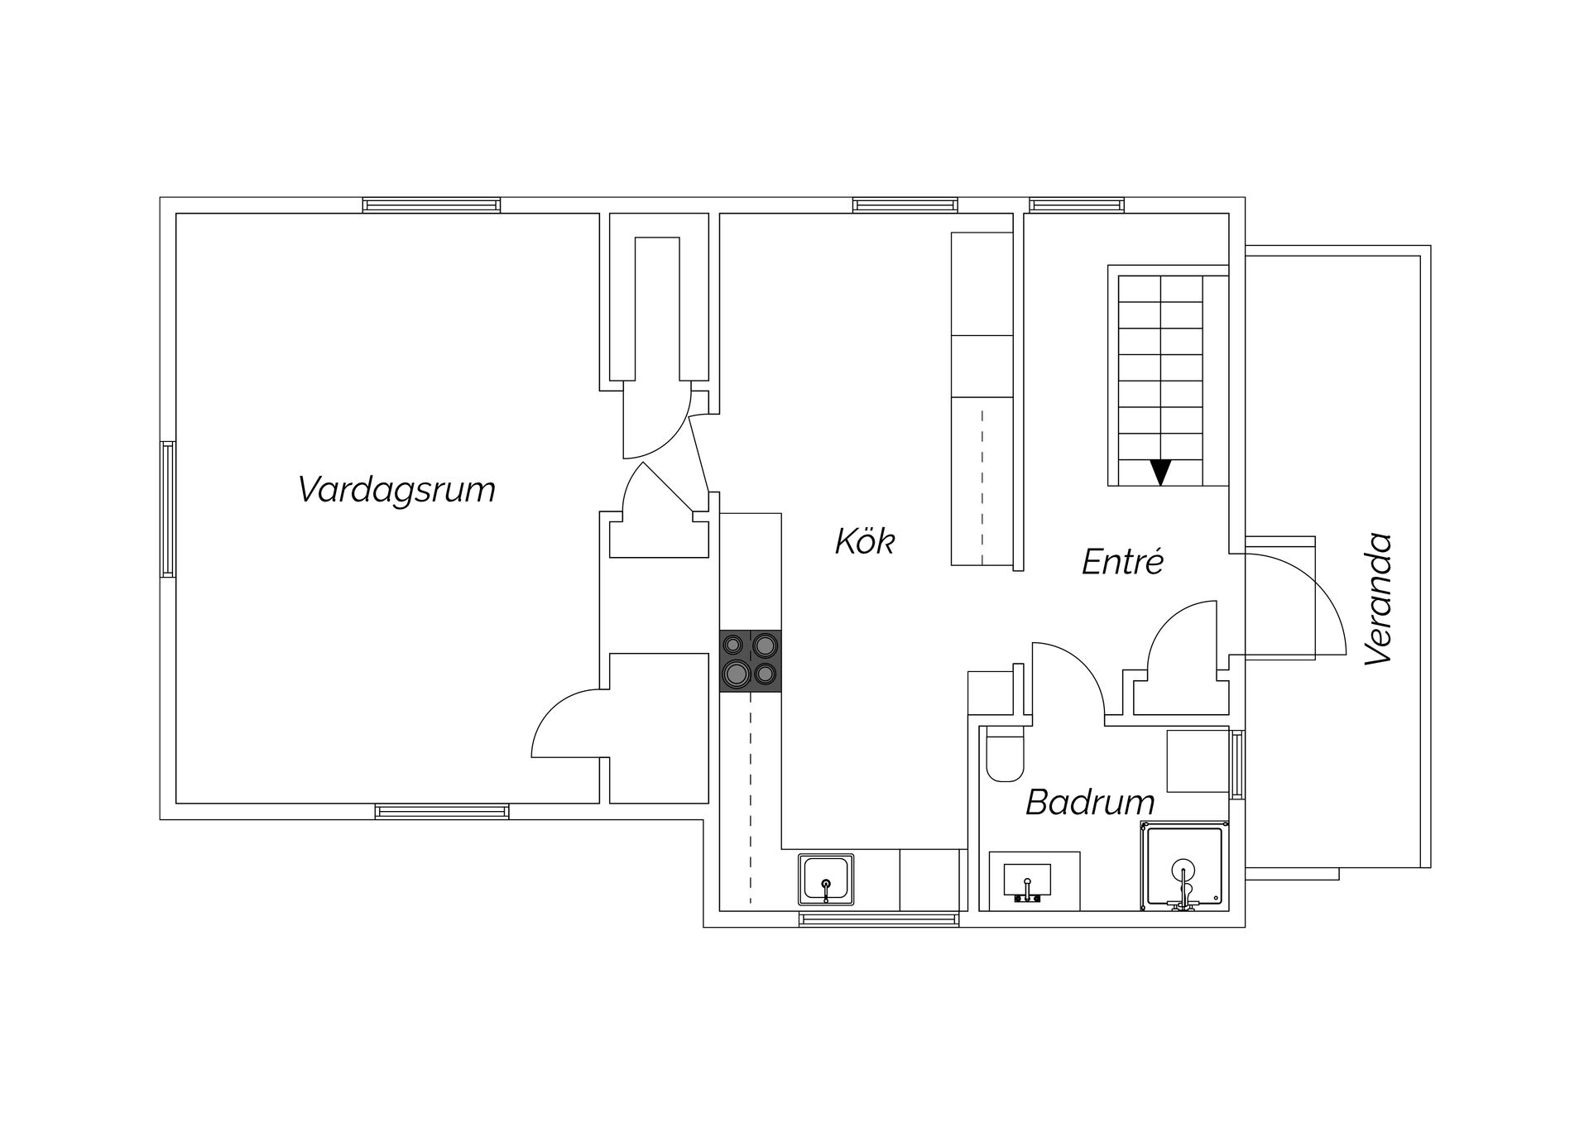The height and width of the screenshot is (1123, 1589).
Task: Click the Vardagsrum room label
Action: [x=396, y=490]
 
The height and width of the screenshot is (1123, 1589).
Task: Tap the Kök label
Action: [x=865, y=542]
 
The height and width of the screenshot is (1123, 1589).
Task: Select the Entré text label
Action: [x=1123, y=562]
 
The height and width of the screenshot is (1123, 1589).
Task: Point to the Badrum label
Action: [x=1090, y=802]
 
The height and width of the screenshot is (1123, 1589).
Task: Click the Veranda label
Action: [x=1379, y=599]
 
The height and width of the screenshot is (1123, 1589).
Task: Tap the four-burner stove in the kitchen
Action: [x=751, y=660]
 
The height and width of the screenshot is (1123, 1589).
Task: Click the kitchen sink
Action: [x=826, y=880]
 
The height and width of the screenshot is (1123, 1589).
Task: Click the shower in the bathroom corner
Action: [x=1183, y=866]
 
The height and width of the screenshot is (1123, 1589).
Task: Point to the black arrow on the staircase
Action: [x=1161, y=473]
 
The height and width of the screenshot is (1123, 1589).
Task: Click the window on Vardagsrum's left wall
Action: [x=168, y=509]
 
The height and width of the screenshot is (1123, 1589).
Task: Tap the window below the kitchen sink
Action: [x=879, y=919]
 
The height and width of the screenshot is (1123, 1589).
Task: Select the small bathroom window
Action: [x=1236, y=764]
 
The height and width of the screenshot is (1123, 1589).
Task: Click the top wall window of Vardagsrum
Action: [x=431, y=205]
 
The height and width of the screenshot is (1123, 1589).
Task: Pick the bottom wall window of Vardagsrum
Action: [x=442, y=812]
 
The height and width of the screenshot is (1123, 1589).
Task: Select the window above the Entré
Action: [x=1077, y=205]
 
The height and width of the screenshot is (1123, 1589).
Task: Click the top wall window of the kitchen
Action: [x=905, y=205]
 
